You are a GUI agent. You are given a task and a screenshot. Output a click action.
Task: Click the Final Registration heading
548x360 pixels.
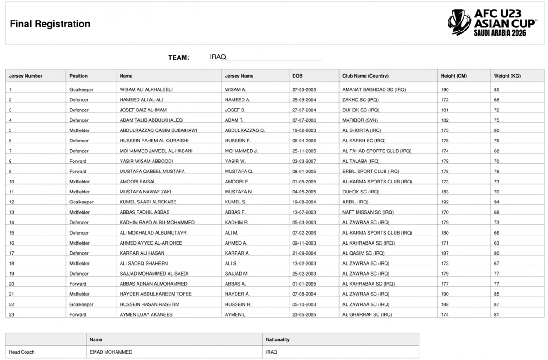[x=50, y=24]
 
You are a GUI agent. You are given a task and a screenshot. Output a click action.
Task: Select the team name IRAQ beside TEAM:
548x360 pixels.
[x=218, y=57]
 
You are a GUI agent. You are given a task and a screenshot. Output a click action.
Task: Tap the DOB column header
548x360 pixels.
[x=297, y=76]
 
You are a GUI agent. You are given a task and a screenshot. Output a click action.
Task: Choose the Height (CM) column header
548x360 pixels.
[x=453, y=76]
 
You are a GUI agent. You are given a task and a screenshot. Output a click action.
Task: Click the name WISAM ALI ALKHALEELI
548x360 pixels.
[x=146, y=89]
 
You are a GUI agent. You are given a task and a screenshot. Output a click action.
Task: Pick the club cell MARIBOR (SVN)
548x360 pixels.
[x=360, y=120]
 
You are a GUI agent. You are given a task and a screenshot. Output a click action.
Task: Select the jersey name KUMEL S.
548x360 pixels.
[x=236, y=202]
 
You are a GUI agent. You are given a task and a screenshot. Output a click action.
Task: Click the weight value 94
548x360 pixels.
[x=496, y=202]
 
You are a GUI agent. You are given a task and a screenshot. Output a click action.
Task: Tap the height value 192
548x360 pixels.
[x=445, y=202]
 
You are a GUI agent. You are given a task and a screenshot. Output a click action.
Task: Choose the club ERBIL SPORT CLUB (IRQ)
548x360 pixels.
[x=370, y=171]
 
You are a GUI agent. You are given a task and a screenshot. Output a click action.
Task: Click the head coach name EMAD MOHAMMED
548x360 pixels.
[x=111, y=352]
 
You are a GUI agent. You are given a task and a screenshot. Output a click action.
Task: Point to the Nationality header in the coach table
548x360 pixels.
[x=278, y=339]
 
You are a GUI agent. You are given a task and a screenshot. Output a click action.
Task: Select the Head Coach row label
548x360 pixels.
[x=21, y=352]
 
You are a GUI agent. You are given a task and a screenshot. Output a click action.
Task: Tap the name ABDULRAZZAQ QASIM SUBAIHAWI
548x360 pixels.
[x=158, y=130]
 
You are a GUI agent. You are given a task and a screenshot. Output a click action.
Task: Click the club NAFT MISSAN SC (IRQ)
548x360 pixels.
[x=366, y=212]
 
